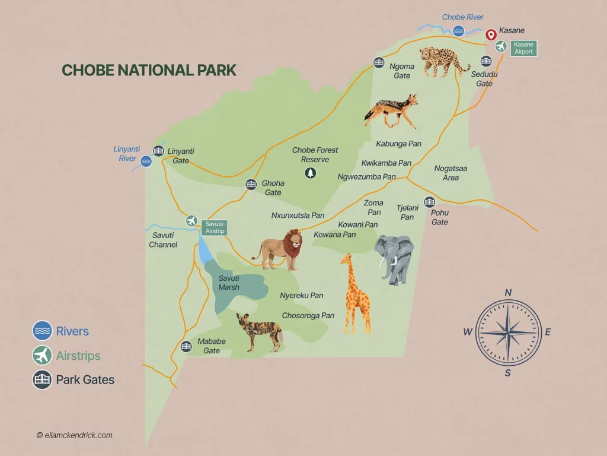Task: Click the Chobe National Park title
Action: click(149, 70)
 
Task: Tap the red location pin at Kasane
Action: click(491, 35)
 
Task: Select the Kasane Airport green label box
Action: click(523, 48)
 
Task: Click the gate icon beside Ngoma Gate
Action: click(379, 62)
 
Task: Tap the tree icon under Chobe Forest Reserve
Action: click(310, 173)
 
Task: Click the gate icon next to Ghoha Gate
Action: click(251, 185)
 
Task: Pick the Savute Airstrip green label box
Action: click(215, 227)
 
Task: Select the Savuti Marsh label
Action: click(229, 283)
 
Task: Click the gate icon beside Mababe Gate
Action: click(186, 346)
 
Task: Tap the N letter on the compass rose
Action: click(508, 292)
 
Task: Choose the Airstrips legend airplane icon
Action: click(42, 356)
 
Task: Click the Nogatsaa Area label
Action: click(451, 173)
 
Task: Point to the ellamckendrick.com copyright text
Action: click(74, 435)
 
